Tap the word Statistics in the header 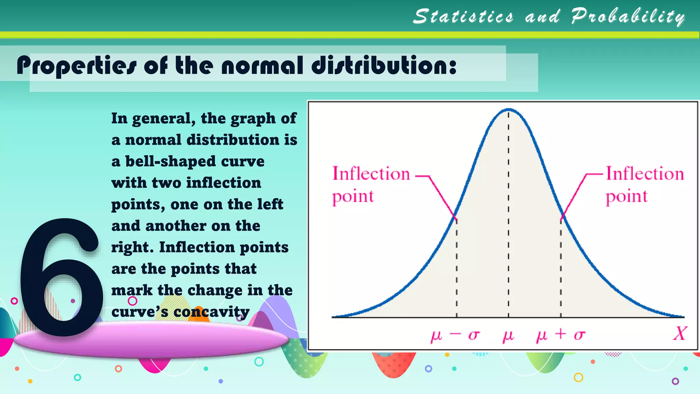click(463, 16)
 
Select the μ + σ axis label click(561, 335)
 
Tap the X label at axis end click(679, 333)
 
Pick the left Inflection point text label click(371, 185)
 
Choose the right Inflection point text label click(645, 185)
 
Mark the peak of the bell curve click(509, 109)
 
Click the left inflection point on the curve click(456, 218)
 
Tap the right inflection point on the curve click(561, 218)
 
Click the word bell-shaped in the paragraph click(171, 161)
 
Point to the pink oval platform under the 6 click(150, 340)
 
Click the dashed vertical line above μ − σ click(457, 267)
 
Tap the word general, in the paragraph click(164, 119)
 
